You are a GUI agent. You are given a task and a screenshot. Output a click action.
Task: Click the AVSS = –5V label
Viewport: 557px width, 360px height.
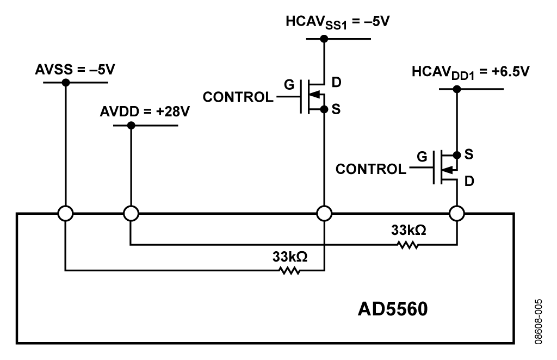[x=75, y=70]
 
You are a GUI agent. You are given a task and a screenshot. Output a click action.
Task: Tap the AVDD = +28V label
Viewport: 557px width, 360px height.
[x=145, y=111]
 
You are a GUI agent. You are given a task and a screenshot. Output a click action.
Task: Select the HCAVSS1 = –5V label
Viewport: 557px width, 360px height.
[x=337, y=22]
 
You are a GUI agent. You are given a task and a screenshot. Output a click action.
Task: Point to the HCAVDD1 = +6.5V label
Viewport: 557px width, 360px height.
[x=471, y=72]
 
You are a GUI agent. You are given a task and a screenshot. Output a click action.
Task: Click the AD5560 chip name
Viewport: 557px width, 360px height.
[x=393, y=309]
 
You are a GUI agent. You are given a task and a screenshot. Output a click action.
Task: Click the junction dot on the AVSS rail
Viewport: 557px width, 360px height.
[x=66, y=82]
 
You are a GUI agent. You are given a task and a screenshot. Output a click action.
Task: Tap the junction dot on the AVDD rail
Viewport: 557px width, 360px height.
[x=131, y=125]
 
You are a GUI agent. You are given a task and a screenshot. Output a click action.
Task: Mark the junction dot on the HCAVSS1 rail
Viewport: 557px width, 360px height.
[x=324, y=39]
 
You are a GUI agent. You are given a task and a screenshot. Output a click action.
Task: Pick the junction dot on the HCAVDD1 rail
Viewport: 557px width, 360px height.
[x=457, y=89]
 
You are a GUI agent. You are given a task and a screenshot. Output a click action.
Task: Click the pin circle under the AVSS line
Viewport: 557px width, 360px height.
[x=66, y=214]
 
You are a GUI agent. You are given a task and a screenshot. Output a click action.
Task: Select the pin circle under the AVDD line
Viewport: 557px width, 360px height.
[x=131, y=214]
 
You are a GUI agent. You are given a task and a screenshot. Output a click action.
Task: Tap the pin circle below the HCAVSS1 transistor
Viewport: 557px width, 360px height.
[x=324, y=214]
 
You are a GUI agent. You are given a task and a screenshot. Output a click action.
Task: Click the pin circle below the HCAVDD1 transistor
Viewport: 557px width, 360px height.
[x=457, y=214]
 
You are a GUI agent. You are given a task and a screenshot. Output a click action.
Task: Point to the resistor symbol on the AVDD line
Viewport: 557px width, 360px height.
[x=408, y=245]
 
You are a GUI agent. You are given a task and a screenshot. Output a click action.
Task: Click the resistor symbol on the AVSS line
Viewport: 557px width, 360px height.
[x=290, y=270]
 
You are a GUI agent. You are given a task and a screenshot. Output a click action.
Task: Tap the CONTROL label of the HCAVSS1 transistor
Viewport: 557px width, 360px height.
[x=238, y=97]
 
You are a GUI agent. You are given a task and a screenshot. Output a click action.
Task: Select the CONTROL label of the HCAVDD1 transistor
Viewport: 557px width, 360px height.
[x=371, y=169]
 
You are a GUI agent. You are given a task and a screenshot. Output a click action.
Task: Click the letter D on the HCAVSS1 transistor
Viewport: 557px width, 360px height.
[x=336, y=82]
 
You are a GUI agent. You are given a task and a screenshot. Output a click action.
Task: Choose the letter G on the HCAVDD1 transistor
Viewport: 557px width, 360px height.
[x=422, y=156]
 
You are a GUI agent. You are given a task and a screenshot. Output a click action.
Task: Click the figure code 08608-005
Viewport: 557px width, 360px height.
[x=539, y=321]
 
